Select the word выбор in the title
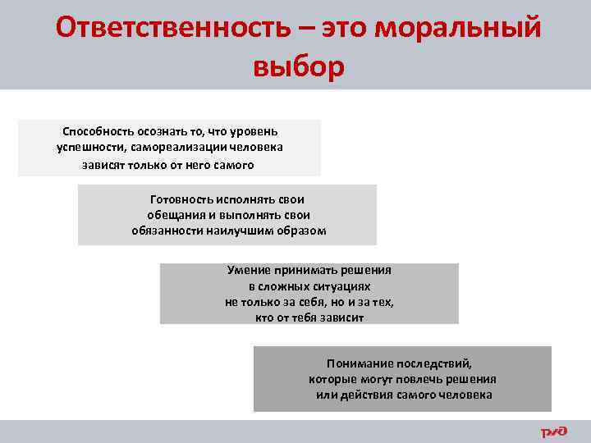click(x=300, y=66)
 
